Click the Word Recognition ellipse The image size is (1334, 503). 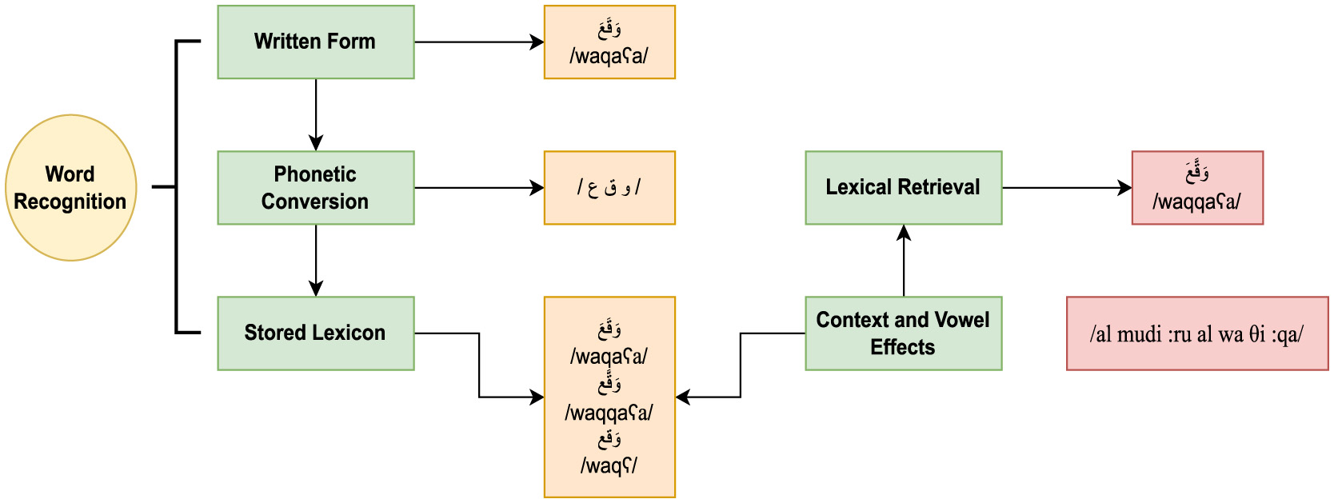pos(71,188)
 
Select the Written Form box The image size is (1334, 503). pos(315,42)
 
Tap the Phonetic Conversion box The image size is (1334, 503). pos(315,188)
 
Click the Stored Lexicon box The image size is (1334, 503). pos(315,333)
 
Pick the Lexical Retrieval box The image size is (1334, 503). pos(903,188)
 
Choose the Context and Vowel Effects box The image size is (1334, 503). pos(903,333)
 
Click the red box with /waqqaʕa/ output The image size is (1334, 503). pos(1197,188)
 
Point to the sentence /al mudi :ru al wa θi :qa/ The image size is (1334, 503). pos(1196,334)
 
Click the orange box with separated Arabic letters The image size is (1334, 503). pos(609,188)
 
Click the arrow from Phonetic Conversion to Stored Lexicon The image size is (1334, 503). pos(316,260)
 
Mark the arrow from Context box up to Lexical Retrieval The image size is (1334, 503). pos(904,261)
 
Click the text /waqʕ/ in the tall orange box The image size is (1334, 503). pos(609,465)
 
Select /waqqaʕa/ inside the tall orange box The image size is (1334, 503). pos(609,413)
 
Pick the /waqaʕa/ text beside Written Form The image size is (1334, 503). pos(609,56)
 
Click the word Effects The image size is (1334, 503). pos(902,347)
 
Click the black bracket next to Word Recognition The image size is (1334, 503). pos(176,187)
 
